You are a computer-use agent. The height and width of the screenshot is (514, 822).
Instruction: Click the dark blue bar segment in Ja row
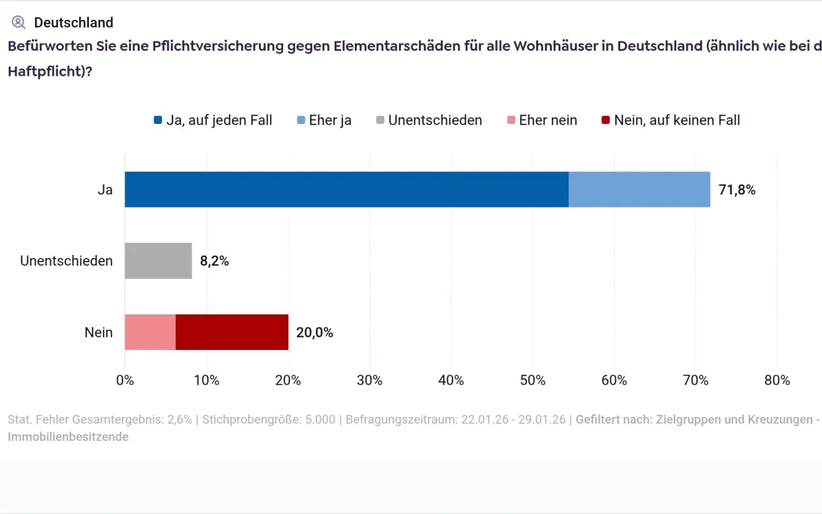pos(346,190)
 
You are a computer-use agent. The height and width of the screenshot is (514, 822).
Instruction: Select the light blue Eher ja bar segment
pos(639,190)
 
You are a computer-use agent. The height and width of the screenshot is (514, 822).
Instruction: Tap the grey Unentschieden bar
pos(158,261)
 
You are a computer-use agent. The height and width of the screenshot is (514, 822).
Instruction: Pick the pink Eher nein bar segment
pos(150,332)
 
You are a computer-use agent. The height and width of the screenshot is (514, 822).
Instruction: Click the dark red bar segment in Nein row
pos(232,332)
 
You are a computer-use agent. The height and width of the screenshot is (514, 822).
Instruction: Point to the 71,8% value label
pos(737,190)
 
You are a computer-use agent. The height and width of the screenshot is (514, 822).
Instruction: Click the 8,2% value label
pos(215,262)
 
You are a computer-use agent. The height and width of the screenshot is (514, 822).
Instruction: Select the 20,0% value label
pos(315,333)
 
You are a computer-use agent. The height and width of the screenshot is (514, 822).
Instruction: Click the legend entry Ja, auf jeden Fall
pos(213,121)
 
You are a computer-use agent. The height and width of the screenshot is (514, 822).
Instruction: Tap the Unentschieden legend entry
pos(429,121)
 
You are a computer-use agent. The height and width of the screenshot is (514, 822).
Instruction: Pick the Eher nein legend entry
pos(542,121)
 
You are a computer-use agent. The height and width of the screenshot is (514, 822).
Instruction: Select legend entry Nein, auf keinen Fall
pos(671,121)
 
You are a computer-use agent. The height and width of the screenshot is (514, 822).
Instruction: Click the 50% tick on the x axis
pos(532,380)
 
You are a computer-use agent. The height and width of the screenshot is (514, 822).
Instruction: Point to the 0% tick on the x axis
pos(125,380)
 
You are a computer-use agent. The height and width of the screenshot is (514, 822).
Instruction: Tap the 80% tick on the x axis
pos(777,380)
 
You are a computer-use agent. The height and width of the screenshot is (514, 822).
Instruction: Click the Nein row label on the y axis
pos(99,333)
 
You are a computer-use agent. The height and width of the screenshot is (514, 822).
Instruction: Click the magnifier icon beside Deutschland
pos(18,22)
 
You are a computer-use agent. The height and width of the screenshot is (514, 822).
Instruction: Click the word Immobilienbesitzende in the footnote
pos(68,437)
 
